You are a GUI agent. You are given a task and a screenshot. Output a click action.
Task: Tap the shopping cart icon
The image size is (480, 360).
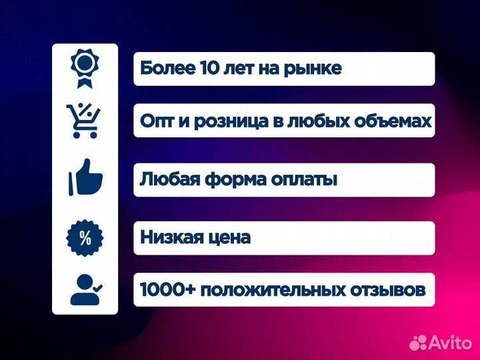(x=85, y=120)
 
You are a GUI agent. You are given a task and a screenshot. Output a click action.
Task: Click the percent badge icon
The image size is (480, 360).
(x=85, y=237)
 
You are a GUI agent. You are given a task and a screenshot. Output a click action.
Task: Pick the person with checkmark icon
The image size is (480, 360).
(x=86, y=289)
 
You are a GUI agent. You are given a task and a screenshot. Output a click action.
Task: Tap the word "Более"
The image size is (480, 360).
(x=167, y=69)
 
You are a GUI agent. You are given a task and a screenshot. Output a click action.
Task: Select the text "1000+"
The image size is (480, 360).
(x=166, y=290)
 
